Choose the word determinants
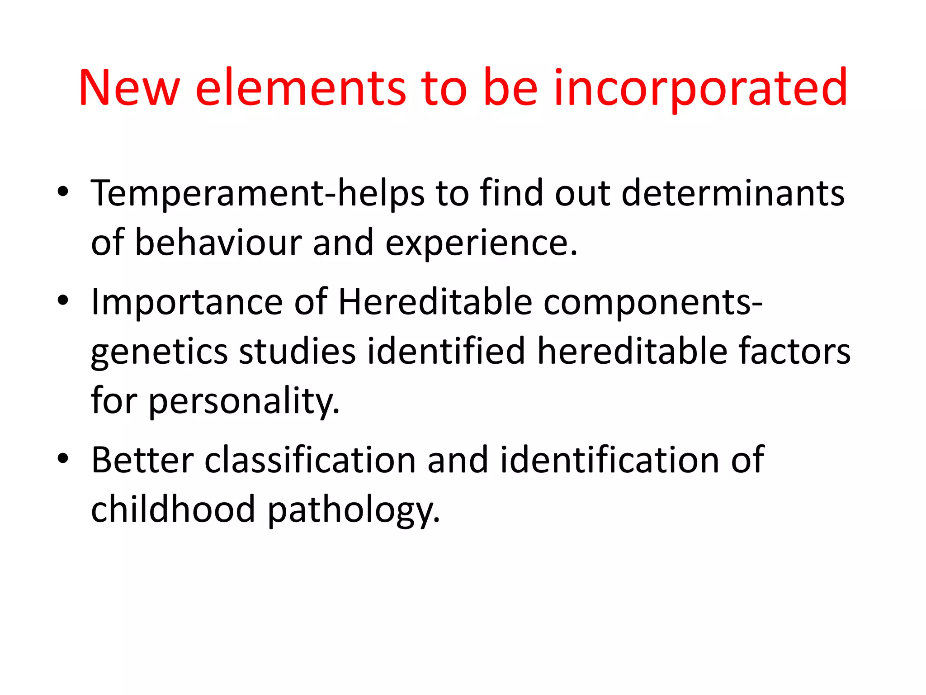tap(732, 193)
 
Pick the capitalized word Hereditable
tap(435, 301)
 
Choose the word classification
tap(310, 460)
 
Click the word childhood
tap(173, 509)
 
